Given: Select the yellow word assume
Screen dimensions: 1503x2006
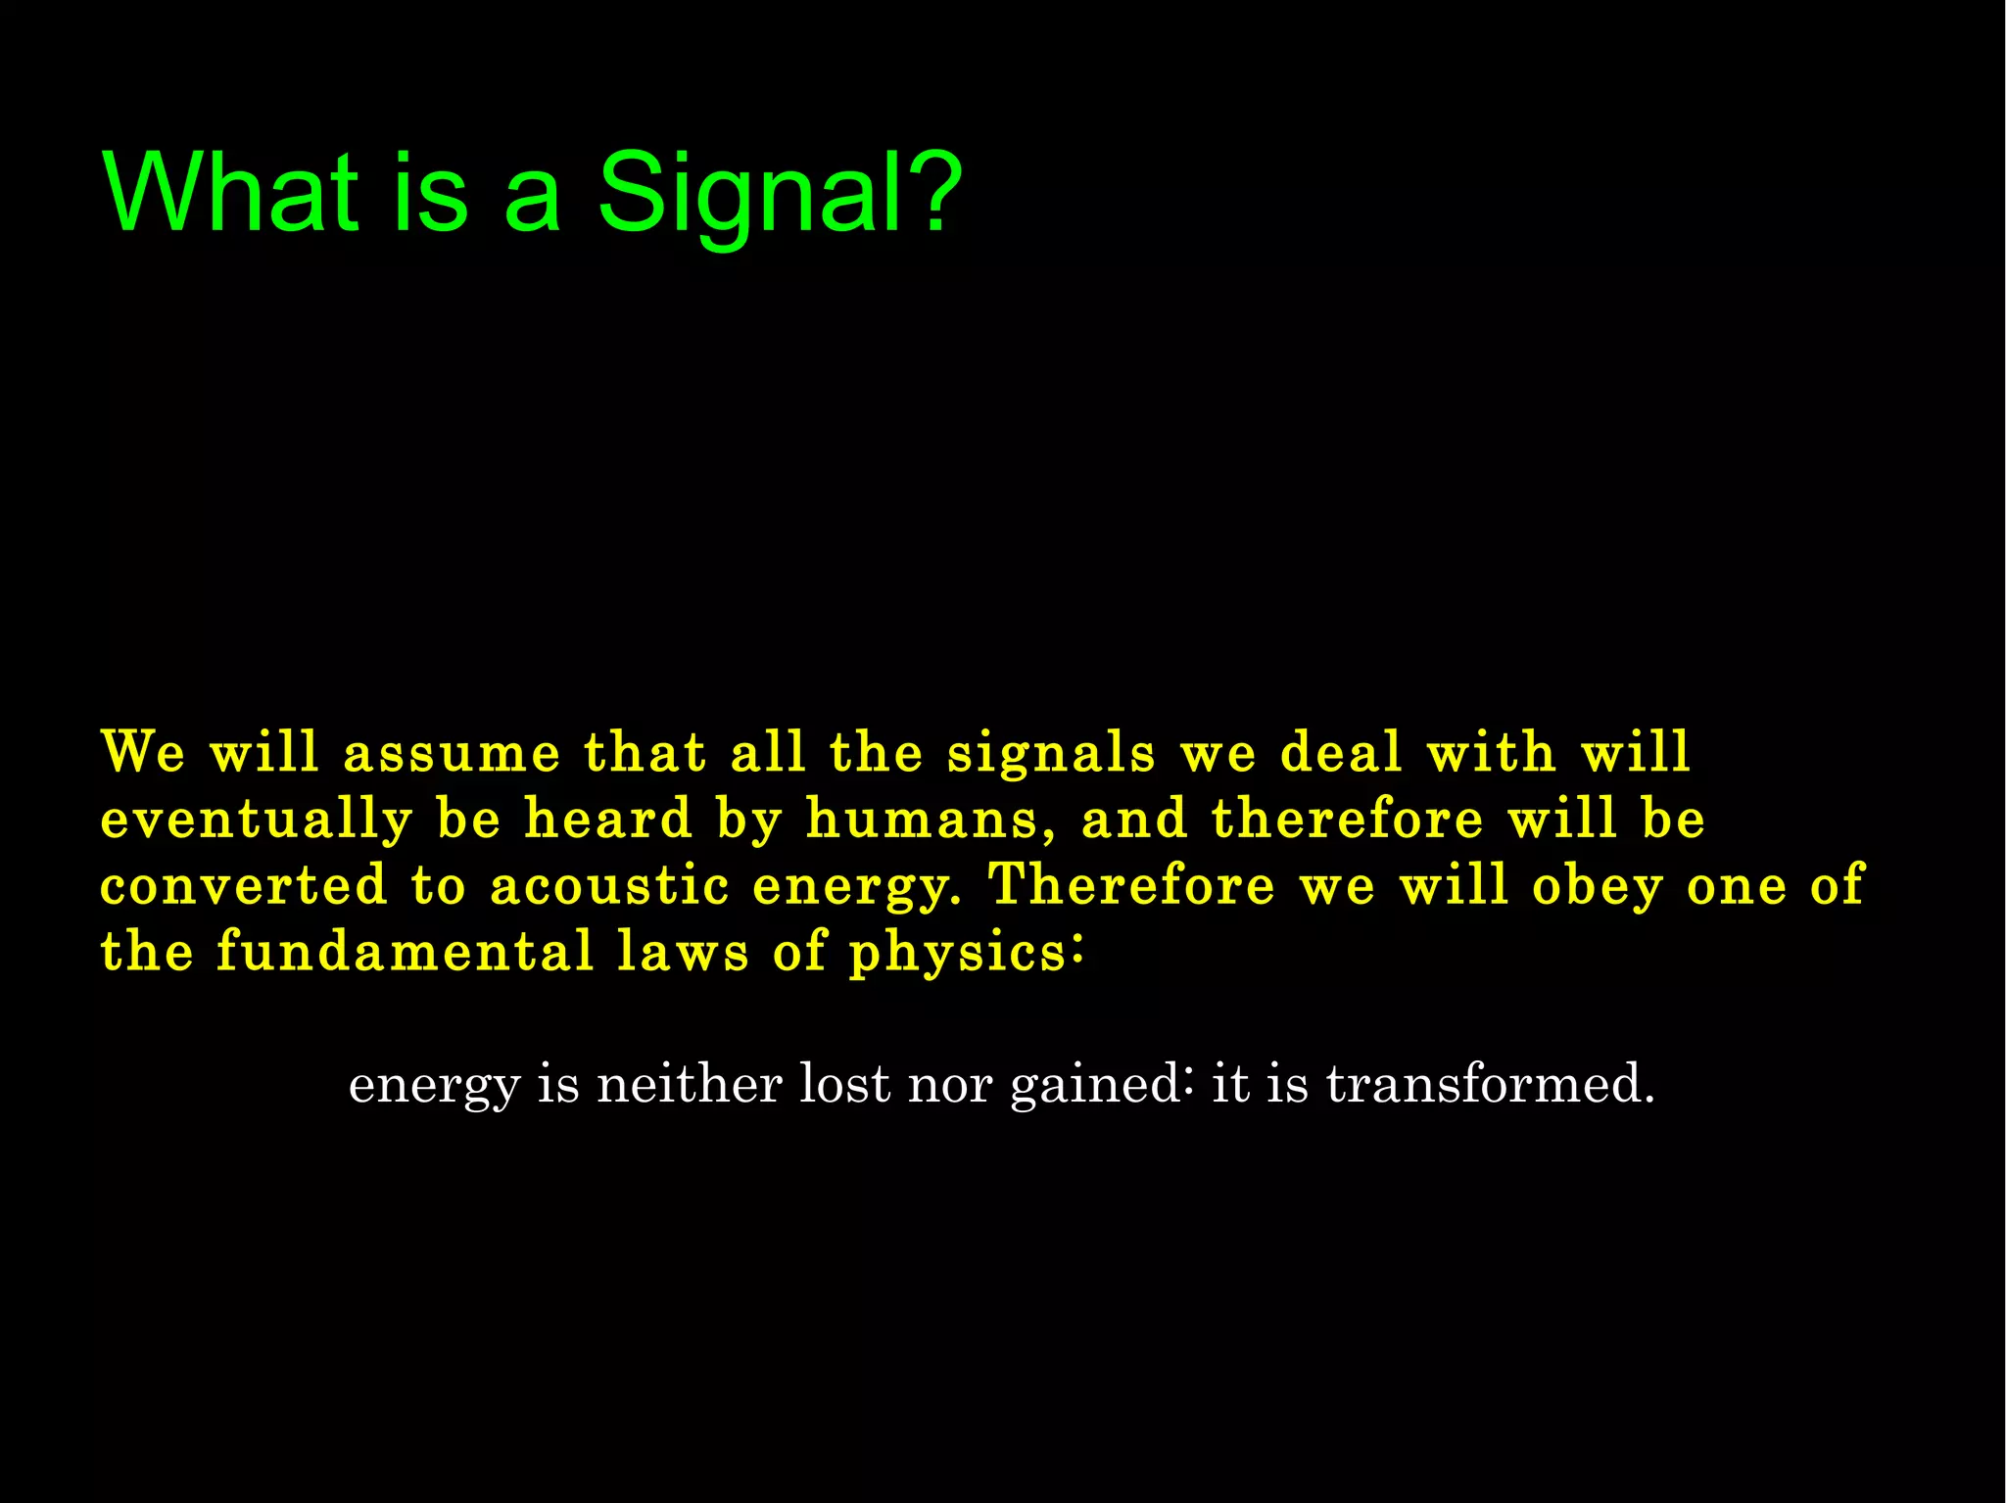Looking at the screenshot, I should [x=452, y=754].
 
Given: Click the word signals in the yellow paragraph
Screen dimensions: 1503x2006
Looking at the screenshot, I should [x=1051, y=754].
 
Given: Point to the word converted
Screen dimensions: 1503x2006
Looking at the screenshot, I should [x=244, y=885].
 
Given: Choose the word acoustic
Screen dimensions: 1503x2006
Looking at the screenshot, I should [x=609, y=885].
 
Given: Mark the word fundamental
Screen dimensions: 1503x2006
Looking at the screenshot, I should [x=405, y=951].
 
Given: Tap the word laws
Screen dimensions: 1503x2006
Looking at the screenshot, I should [x=683, y=951].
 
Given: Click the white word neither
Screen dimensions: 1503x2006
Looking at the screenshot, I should [x=689, y=1084].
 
